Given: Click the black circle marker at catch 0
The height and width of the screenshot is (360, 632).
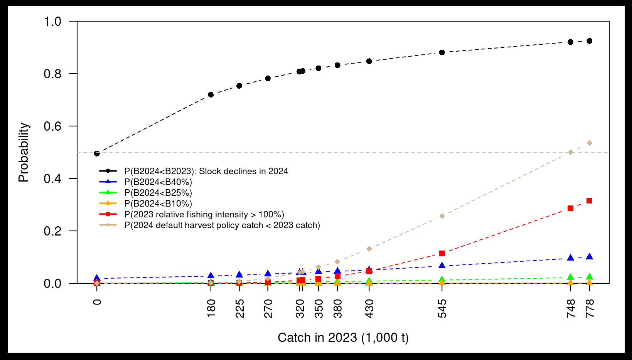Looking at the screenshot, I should [97, 153].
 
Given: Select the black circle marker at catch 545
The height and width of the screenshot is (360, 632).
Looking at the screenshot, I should [442, 52].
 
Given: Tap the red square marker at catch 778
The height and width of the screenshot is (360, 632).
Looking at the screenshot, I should [589, 201].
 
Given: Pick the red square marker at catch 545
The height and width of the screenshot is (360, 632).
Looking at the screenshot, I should [442, 254].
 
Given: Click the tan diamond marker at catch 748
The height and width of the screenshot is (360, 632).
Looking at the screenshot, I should [570, 152].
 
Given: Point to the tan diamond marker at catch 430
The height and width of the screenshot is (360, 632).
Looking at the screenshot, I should [369, 249].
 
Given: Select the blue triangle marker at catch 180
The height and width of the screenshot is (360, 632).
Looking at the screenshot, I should [211, 276].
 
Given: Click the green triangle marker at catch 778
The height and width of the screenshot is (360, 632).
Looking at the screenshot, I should [589, 277].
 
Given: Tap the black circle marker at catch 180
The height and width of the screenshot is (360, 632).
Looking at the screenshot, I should [211, 95].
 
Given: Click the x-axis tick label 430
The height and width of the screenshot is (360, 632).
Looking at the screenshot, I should [369, 309].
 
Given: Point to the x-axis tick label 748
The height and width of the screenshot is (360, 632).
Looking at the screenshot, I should [570, 309].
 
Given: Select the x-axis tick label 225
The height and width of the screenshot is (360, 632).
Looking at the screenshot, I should [239, 309].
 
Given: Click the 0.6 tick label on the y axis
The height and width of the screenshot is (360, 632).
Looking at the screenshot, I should [52, 126].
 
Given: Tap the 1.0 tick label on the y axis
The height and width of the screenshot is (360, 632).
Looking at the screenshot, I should [52, 22].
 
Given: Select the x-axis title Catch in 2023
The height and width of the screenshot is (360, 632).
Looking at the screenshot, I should [343, 338].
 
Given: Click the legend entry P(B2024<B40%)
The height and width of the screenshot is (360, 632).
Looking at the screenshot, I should [158, 182].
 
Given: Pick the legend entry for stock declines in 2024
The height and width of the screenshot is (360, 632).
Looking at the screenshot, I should [206, 171].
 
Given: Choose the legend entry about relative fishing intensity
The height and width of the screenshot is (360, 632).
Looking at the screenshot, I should [204, 214].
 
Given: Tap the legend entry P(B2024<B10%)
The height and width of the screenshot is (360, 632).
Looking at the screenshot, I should [158, 204].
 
